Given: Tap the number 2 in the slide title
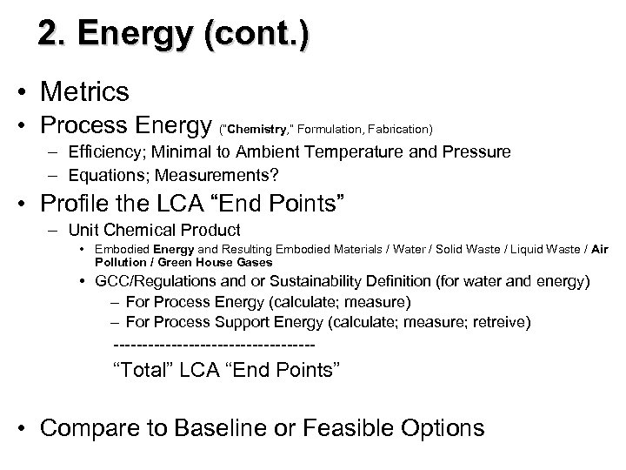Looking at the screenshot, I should point(50,36).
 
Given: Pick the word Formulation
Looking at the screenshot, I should point(328,129).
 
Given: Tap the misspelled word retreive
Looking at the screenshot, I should point(499,323).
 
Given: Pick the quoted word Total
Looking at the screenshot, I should point(145,370).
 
